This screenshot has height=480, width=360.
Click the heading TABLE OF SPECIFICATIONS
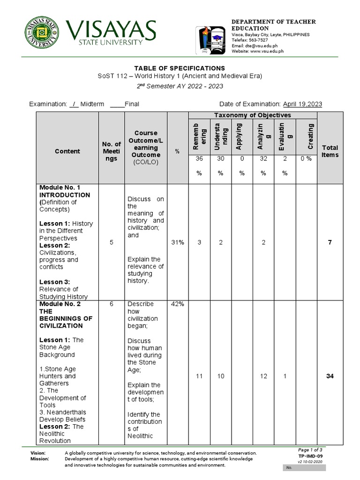coord(180,68)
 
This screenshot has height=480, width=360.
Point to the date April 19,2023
coord(301,104)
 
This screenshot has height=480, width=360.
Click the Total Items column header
coord(330,151)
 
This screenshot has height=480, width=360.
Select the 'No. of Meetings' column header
coord(111,151)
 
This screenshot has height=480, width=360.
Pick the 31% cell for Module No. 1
coord(177,242)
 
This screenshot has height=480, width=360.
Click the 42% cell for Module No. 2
coord(177,304)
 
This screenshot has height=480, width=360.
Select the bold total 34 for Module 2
coord(330,376)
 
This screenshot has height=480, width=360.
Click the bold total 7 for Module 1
coord(330,242)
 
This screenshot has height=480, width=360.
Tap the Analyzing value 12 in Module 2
coord(263,376)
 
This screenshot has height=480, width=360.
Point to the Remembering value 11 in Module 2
coord(199,376)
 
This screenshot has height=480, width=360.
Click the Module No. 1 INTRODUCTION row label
coord(65,191)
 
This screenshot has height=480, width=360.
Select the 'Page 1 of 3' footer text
coord(310,450)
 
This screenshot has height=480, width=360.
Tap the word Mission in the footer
coord(40,459)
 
